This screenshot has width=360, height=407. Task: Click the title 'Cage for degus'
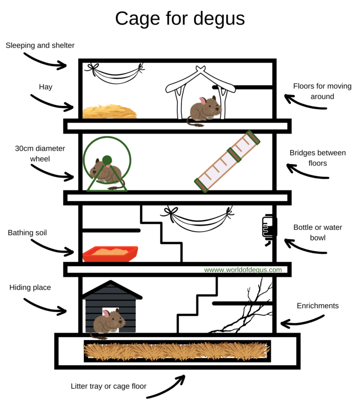coord(180,18)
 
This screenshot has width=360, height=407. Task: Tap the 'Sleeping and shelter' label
coord(40,45)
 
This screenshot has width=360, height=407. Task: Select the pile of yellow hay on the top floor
coord(110,112)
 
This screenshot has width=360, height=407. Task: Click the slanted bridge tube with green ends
coord(228,161)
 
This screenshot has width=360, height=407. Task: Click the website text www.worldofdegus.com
coord(243,270)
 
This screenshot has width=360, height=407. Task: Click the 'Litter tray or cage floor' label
coord(109,386)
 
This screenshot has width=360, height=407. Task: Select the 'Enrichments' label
coord(317,306)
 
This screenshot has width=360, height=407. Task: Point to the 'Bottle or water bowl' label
coord(317,232)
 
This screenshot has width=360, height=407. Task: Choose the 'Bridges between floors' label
coord(317,158)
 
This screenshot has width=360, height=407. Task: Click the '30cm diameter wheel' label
coord(40,153)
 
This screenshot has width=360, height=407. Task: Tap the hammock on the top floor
coord(114,75)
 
